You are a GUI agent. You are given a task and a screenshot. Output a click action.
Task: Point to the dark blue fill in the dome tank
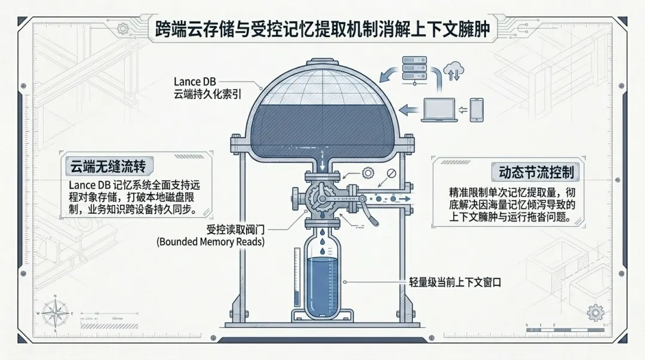[x=322, y=128]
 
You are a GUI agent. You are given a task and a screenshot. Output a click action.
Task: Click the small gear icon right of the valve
[x=367, y=173]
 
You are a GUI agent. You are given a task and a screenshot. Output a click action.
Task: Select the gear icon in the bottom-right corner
[x=594, y=312]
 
